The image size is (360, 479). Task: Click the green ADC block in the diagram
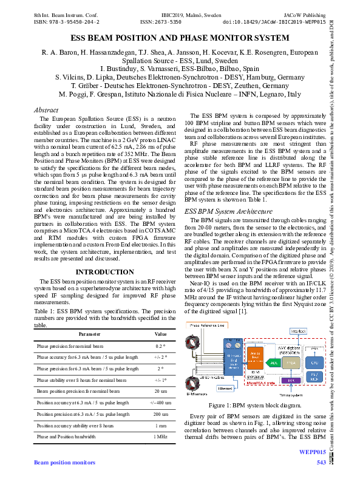pos(273,362)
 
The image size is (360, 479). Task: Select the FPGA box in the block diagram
pos(291,362)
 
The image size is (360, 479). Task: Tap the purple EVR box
pos(292,380)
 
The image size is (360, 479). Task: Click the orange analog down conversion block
pos(255,356)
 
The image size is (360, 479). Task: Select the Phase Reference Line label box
pos(206,326)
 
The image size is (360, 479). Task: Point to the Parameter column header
pos(89,334)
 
